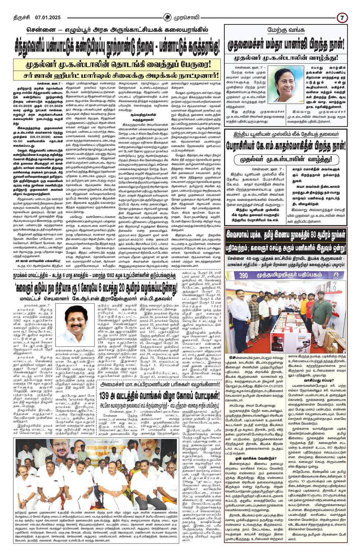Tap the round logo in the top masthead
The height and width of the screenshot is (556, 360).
point(169,17)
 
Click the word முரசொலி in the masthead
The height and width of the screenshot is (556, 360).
point(186,17)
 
